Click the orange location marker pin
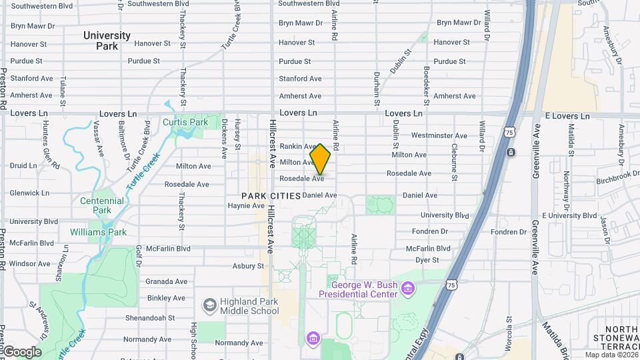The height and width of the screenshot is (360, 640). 320,159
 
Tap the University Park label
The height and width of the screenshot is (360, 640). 107,41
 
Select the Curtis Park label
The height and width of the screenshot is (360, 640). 185,123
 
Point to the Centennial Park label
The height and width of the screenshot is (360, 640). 101,205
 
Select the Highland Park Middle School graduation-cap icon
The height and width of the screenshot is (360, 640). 209,305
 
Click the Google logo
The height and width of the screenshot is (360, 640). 22,352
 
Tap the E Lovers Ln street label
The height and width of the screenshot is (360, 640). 567,116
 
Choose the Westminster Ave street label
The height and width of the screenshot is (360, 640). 438,135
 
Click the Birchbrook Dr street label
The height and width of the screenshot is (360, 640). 617,179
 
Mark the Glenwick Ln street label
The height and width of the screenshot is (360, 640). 29,193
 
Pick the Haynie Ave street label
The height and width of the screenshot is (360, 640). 246,206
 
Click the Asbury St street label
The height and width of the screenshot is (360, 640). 248,266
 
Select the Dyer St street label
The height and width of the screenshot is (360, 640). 427,260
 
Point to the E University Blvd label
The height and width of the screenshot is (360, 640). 571,215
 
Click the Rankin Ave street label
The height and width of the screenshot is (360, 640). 297,146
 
